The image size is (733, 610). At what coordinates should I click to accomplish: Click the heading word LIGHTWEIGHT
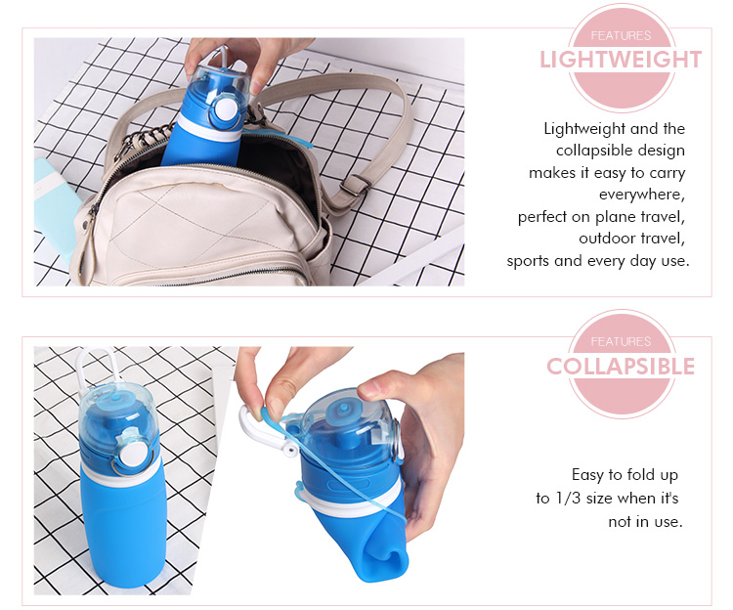point(621,60)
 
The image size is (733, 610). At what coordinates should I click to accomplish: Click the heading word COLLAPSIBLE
point(621,367)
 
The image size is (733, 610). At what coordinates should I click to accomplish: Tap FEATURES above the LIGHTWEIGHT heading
point(621,35)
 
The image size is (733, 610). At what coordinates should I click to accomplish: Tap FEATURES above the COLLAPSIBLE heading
point(621,341)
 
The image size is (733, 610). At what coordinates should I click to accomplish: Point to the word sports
point(529,260)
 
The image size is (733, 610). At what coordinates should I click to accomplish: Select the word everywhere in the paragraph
point(640,195)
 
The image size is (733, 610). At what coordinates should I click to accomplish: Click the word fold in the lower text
point(635,475)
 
